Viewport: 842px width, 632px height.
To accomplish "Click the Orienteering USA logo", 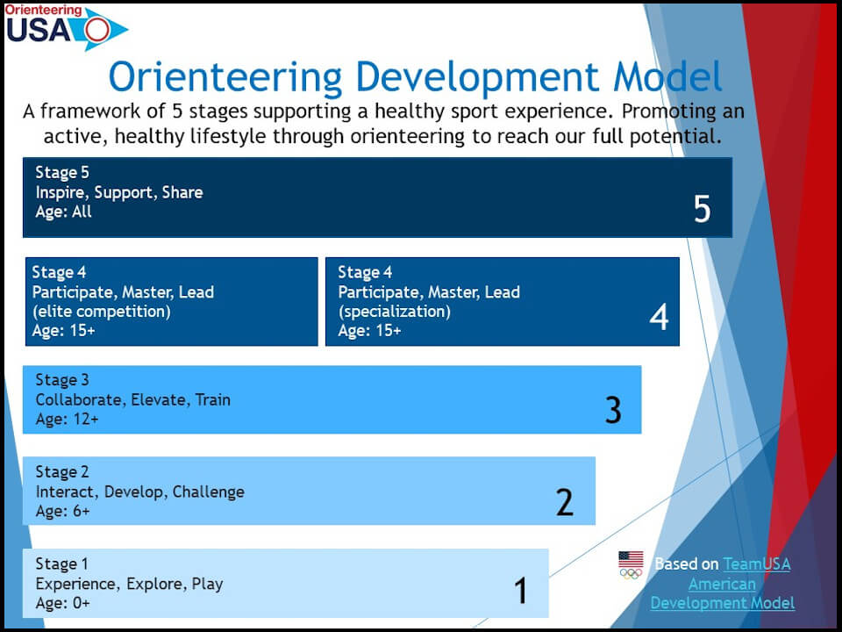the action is (x=66, y=27).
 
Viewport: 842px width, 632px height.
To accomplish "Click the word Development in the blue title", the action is (x=477, y=77).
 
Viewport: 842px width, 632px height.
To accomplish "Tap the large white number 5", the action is (x=702, y=209).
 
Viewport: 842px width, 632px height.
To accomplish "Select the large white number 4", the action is (x=659, y=317).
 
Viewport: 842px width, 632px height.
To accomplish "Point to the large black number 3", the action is (x=613, y=410).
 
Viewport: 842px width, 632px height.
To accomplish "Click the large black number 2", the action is (x=564, y=502).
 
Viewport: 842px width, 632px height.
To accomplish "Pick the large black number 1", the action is (x=520, y=591).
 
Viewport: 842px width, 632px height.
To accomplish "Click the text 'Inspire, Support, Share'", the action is (x=119, y=192).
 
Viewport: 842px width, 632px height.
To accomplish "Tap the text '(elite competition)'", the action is (x=102, y=311).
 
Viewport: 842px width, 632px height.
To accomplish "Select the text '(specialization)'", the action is (x=394, y=311).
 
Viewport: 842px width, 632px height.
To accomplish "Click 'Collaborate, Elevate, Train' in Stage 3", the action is (x=132, y=400).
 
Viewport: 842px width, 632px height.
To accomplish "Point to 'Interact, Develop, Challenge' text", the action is (x=139, y=492).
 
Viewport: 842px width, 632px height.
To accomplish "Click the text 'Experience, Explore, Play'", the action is (x=129, y=584).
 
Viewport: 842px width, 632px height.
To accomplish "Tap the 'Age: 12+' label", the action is (x=68, y=420).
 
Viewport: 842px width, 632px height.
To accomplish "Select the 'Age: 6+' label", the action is (x=62, y=511).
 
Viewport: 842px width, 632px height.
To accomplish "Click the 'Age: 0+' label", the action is (x=62, y=603).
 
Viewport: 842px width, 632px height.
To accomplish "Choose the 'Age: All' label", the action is (x=63, y=212).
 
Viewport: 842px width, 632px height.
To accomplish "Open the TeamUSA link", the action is (x=722, y=584).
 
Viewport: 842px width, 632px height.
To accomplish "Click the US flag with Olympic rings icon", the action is (x=631, y=565).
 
